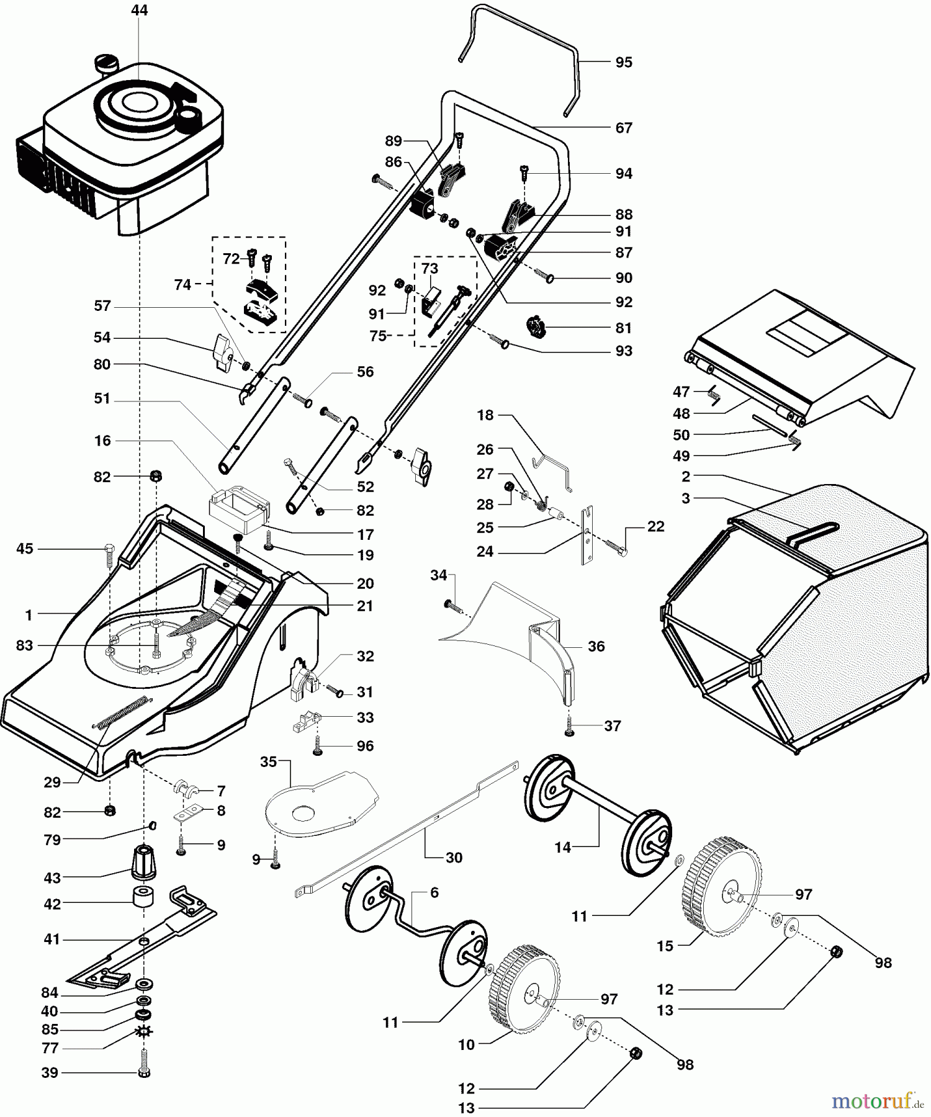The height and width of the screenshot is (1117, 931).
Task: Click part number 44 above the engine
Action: (x=140, y=11)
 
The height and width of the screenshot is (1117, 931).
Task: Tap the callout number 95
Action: (x=624, y=62)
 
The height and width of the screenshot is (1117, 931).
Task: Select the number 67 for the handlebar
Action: (x=624, y=128)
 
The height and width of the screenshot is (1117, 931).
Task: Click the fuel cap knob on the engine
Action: (x=107, y=63)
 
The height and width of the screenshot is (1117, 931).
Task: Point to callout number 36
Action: (x=596, y=647)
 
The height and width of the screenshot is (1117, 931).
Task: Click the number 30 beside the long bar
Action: (x=454, y=858)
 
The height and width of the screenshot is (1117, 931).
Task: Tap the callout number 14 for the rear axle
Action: (x=562, y=848)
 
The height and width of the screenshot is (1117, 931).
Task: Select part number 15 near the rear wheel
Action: (x=665, y=946)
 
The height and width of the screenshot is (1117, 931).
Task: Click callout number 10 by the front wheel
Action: (x=466, y=1045)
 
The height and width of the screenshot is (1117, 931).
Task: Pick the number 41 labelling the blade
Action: (x=52, y=940)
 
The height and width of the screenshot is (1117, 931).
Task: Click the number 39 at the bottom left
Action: (x=50, y=1073)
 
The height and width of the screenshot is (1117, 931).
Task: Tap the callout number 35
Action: (x=268, y=761)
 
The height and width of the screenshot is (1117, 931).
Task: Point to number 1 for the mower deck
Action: (x=29, y=615)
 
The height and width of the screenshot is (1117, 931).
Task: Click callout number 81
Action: (x=624, y=328)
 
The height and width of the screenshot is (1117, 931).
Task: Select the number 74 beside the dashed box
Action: (x=182, y=285)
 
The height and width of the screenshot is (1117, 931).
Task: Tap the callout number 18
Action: (x=485, y=415)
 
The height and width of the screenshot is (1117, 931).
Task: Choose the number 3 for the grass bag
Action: (x=686, y=498)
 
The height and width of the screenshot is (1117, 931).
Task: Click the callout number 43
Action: (x=52, y=878)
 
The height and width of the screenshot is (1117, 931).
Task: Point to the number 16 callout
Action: (x=102, y=441)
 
